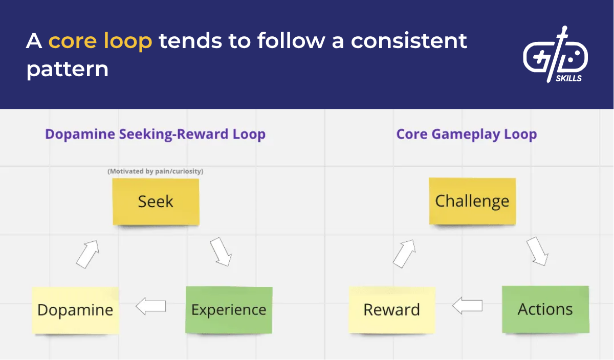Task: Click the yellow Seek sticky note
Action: [x=156, y=201]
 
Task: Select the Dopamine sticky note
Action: [x=75, y=310]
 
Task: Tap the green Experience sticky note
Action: [x=229, y=310]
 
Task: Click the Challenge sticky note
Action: [x=472, y=201]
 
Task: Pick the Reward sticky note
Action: [x=392, y=309]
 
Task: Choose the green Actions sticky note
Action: [x=545, y=309]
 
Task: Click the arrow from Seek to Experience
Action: [x=221, y=252]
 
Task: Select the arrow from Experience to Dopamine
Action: [x=151, y=306]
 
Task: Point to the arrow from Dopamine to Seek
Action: [x=87, y=253]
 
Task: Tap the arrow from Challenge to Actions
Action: [x=537, y=251]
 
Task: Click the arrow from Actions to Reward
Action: [x=468, y=306]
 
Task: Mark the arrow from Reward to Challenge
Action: [x=404, y=253]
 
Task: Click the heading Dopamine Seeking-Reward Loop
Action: [x=155, y=134]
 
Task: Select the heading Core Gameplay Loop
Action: [x=466, y=134]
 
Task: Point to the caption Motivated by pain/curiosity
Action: [x=155, y=171]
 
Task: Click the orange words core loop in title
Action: [x=100, y=41]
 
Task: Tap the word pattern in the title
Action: [x=67, y=69]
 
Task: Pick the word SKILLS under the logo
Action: [x=568, y=79]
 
